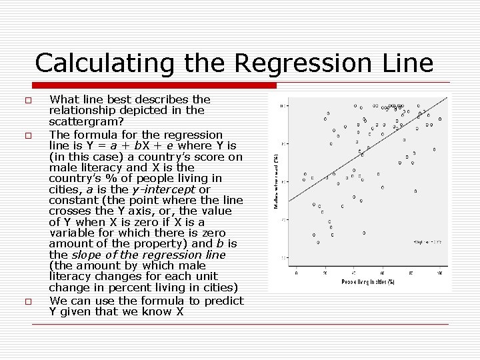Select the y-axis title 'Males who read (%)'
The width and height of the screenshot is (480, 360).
click(277, 181)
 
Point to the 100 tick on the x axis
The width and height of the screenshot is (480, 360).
click(439, 273)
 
